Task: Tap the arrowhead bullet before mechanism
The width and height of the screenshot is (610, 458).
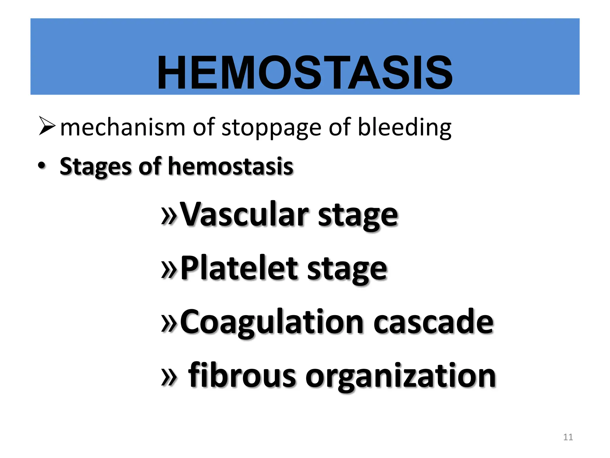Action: (x=47, y=126)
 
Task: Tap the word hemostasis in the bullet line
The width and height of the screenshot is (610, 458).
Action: (x=231, y=166)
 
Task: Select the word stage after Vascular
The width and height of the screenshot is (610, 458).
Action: (x=358, y=216)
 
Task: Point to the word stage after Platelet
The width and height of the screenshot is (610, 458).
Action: (x=347, y=270)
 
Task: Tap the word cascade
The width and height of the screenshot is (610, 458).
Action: (x=433, y=322)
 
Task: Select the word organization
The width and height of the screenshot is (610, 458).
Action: (x=400, y=377)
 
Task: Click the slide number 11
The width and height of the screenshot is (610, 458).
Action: (x=568, y=437)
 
